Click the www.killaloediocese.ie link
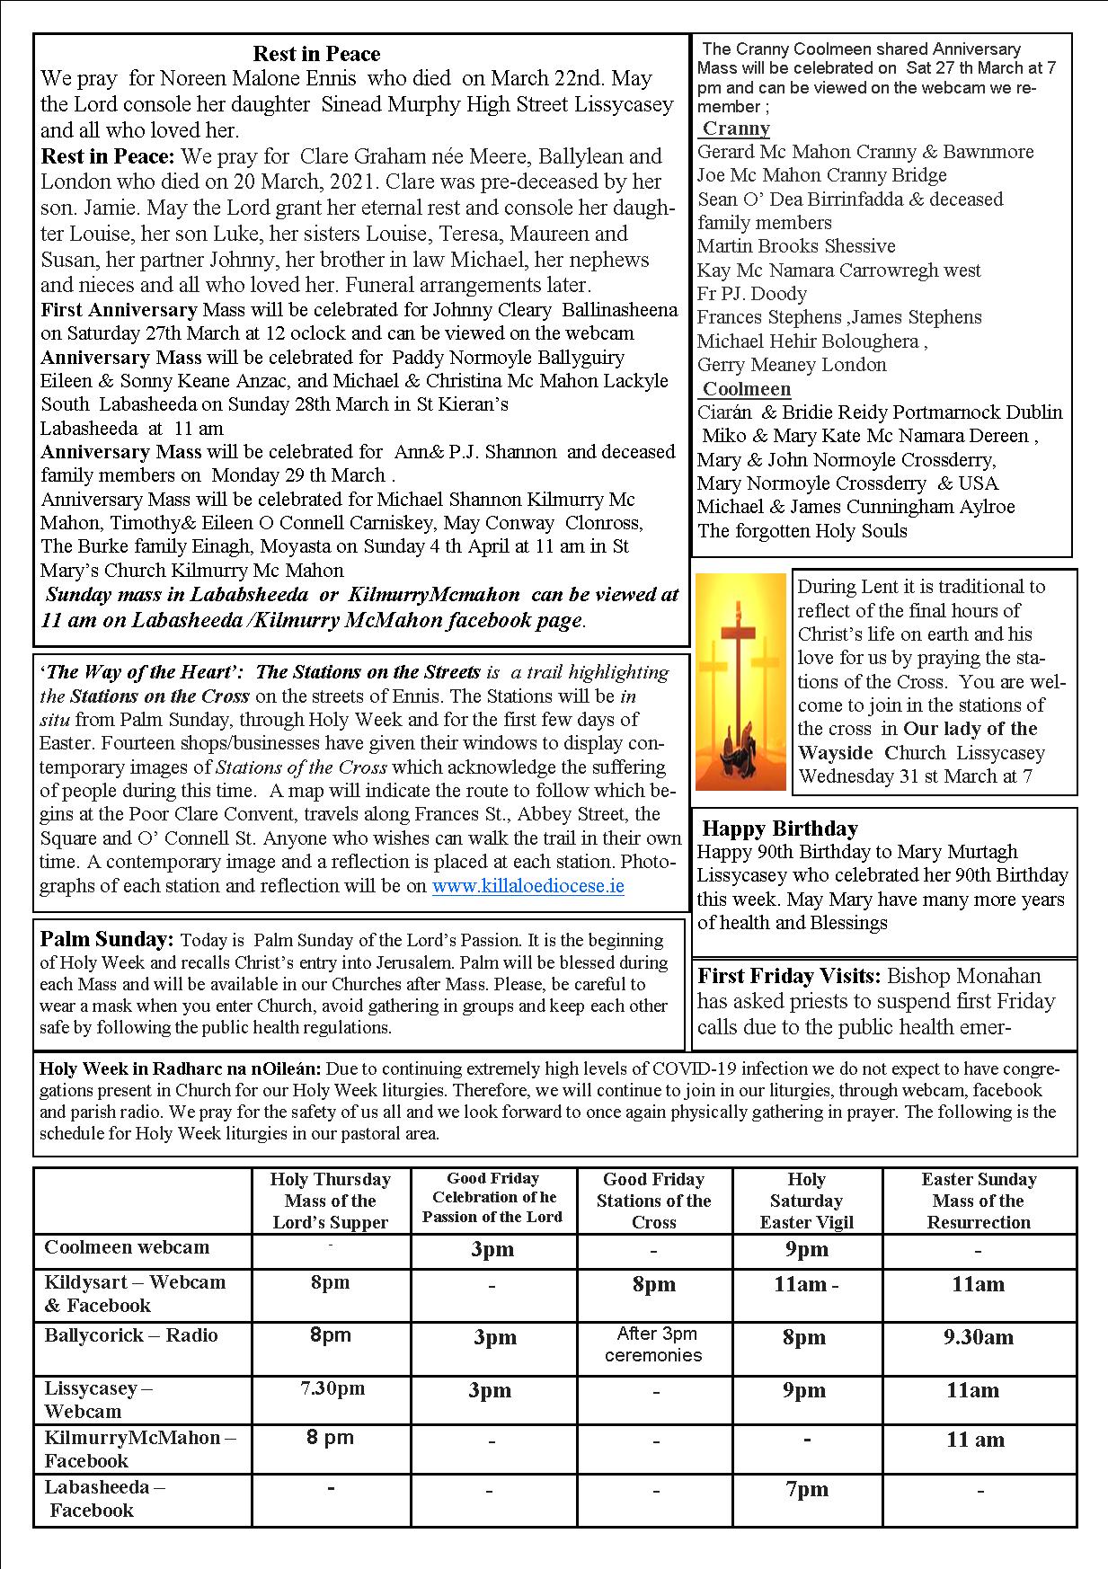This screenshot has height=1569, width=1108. point(527,886)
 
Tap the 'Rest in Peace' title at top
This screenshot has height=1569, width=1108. point(316,54)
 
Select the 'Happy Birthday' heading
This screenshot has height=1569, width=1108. point(779,829)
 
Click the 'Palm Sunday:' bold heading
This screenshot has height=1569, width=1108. point(107,940)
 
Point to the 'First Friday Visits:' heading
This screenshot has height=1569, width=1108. point(789,976)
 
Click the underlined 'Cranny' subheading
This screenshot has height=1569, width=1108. point(735,129)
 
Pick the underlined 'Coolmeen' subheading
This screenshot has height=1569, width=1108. point(746,389)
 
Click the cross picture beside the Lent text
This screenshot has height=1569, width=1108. point(740,682)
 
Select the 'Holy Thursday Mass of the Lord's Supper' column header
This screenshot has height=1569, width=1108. point(331,1201)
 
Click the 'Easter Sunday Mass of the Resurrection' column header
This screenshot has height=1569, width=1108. point(979,1201)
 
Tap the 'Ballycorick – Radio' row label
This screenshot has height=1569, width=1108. point(131,1335)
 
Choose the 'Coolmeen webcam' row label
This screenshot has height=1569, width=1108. point(127,1247)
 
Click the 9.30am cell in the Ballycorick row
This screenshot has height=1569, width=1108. point(978,1337)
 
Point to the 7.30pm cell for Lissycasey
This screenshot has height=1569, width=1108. point(332,1388)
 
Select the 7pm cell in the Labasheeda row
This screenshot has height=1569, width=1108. point(806,1490)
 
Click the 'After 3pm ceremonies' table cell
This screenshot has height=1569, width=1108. point(653,1344)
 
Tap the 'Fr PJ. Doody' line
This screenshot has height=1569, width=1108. point(752,294)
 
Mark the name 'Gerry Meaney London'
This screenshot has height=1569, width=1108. point(792,365)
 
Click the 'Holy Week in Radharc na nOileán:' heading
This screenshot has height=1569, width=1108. point(182,1069)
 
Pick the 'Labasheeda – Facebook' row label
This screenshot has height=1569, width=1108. point(104,1498)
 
